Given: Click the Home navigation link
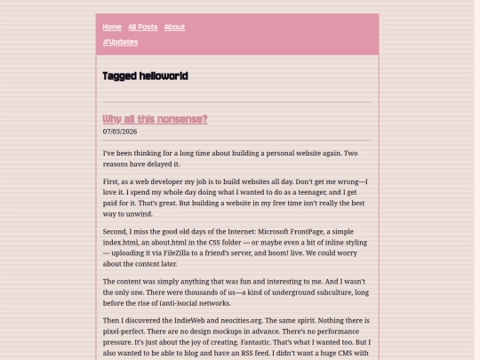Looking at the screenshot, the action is (x=112, y=27).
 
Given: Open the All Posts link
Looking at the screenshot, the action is (x=142, y=27).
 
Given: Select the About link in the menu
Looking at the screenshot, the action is (x=174, y=27).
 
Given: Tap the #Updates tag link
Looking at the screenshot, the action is (x=120, y=42).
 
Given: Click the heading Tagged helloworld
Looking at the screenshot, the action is (x=145, y=76).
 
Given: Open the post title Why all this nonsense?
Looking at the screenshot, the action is (x=155, y=119).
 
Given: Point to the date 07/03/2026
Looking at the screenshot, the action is (x=120, y=132).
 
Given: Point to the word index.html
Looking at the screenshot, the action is (x=127, y=242).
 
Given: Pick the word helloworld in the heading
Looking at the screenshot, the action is (x=163, y=76).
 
